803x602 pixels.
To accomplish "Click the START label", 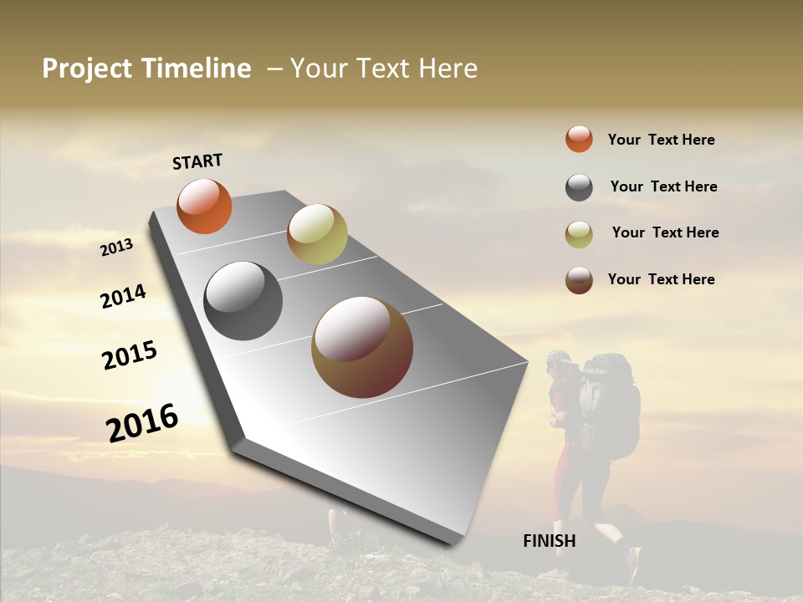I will (x=197, y=161).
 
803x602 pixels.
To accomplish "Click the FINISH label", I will (x=550, y=541).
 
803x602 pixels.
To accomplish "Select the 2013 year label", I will (x=117, y=247).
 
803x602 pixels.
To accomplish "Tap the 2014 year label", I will (x=124, y=296).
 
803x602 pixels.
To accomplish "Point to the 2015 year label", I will (x=130, y=355).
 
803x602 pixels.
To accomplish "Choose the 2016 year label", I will (x=142, y=422).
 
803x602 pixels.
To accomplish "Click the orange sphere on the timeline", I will (x=204, y=206).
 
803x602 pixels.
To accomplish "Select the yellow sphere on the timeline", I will (x=317, y=234).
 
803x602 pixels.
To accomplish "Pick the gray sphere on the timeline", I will (x=243, y=301).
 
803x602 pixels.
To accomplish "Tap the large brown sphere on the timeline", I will (x=362, y=347).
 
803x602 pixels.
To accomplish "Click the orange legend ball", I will (x=579, y=140).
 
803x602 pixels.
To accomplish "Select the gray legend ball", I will (x=579, y=187).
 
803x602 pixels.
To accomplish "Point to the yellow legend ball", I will (x=579, y=234).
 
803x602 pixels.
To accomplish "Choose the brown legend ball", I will (x=579, y=280).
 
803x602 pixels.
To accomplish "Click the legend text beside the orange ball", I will (x=661, y=140).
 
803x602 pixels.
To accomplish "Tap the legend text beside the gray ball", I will (x=663, y=186).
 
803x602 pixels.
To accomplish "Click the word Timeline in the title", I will (x=196, y=69).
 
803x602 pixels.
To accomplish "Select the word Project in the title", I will (x=87, y=69).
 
